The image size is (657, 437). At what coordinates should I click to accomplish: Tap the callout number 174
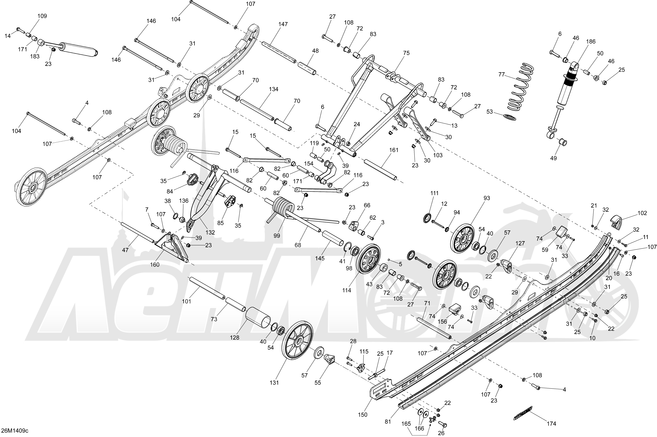point(551,424)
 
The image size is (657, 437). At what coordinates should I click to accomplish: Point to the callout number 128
point(234,337)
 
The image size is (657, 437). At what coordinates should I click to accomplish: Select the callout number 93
point(487,198)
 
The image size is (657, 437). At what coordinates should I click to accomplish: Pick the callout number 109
point(42,16)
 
